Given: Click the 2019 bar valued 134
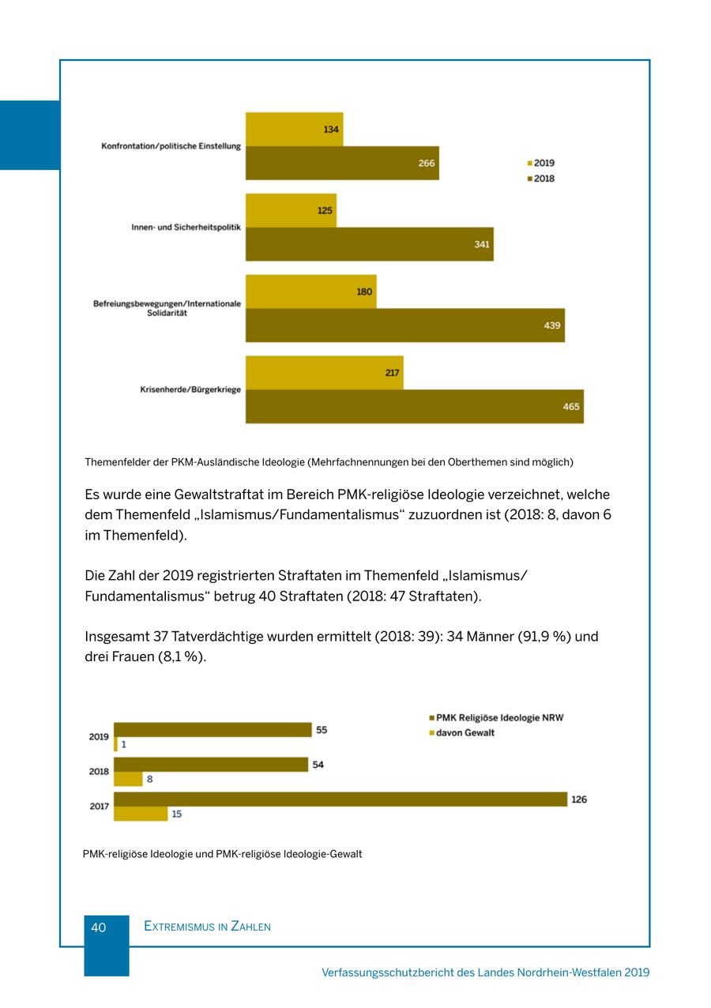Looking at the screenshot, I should (294, 129).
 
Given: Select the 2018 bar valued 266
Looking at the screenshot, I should (341, 163).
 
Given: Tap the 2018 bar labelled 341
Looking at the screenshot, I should (369, 244).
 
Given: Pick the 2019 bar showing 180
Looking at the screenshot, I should (310, 291).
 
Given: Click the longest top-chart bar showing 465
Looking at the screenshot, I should (414, 406).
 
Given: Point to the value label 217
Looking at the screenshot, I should (392, 373).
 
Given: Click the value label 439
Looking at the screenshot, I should (552, 325).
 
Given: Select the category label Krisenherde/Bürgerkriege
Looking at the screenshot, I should (190, 389).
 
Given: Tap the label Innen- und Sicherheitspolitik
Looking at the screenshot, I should (186, 228).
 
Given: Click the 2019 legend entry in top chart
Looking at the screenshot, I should (543, 164).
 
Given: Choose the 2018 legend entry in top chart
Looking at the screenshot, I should (543, 179).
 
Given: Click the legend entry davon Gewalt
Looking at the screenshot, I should (465, 733).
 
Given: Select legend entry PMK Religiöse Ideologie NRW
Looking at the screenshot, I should (498, 718).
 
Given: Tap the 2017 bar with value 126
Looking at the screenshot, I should (340, 799).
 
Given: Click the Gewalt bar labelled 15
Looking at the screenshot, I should (141, 814).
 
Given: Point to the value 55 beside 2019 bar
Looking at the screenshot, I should (322, 730).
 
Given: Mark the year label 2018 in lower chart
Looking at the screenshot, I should (99, 772).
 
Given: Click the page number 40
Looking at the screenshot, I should (99, 927).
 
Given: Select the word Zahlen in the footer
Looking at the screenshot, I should (250, 927).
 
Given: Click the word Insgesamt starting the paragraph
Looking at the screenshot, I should (115, 637).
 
